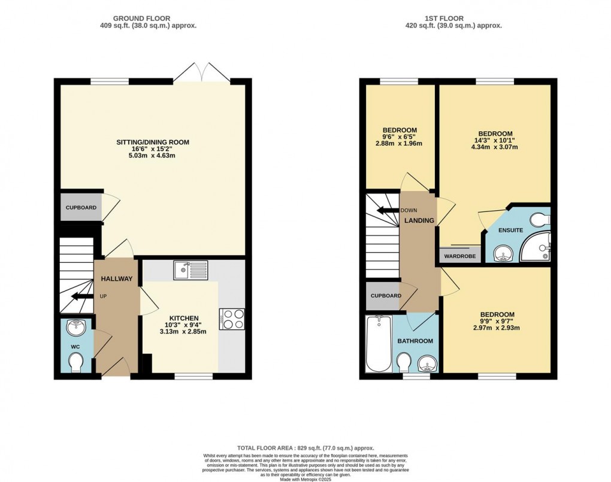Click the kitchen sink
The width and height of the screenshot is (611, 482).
point(190,271)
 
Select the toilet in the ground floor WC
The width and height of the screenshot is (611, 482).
point(76,361)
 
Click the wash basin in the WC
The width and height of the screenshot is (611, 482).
point(77,328)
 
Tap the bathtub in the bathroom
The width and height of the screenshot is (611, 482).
point(377,344)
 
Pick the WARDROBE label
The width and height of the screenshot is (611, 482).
point(460,256)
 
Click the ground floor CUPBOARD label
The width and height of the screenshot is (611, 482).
point(81,208)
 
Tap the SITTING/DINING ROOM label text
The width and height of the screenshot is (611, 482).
point(153,142)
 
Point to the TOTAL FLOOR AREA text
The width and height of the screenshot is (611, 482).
point(305,448)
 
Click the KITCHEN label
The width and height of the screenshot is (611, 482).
point(183,318)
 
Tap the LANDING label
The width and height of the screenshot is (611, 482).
point(419,220)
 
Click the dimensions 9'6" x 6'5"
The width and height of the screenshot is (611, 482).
point(400,137)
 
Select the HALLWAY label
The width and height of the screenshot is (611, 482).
point(116,278)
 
